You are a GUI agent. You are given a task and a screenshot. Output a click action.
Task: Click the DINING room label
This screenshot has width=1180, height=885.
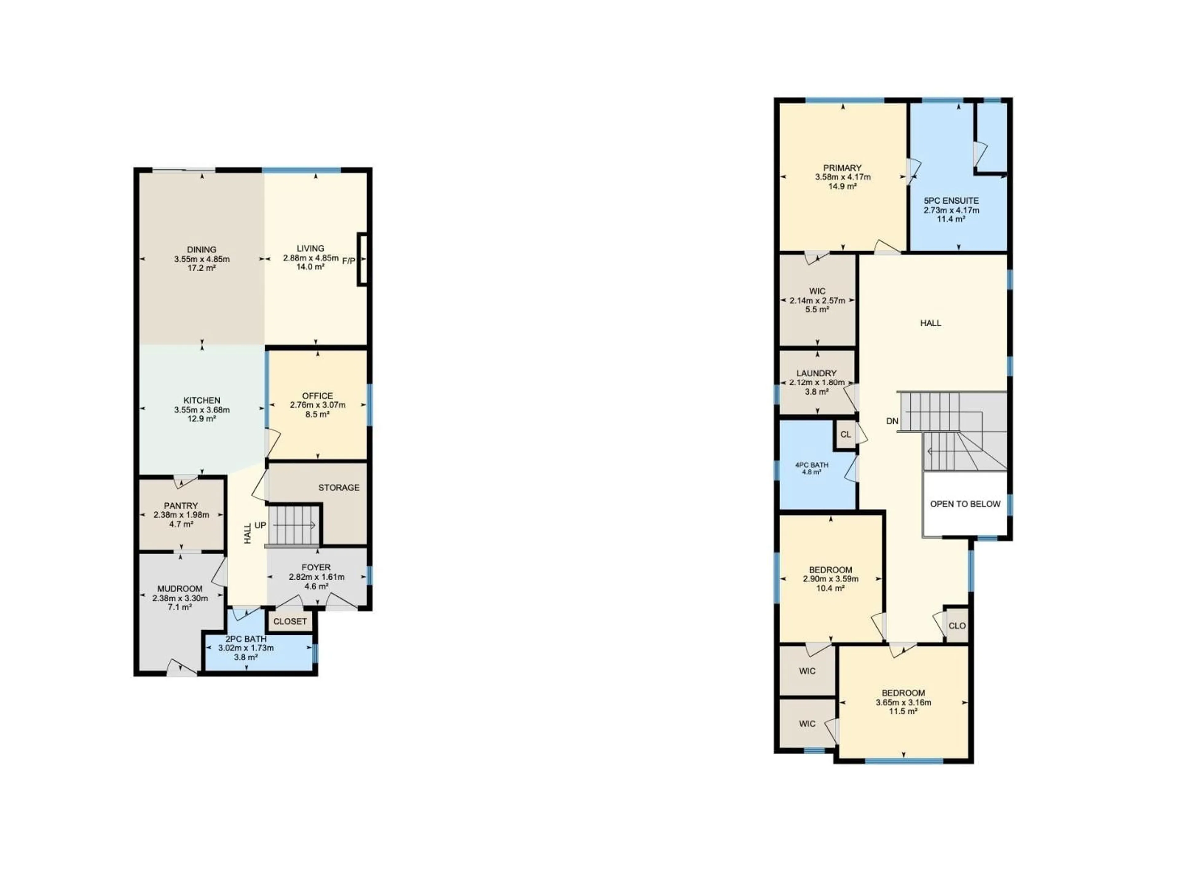click(x=202, y=250)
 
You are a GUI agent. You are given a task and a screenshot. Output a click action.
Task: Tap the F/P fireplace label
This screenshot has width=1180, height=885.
click(x=348, y=261)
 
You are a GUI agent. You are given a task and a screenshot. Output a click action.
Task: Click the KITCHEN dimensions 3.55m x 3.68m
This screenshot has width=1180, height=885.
click(x=202, y=410)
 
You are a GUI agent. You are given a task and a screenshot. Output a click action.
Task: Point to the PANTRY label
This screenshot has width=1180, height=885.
click(x=181, y=505)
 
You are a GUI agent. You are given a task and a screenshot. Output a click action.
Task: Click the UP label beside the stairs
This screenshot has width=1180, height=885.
click(x=260, y=525)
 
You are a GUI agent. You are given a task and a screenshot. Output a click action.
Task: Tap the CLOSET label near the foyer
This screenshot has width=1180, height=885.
click(x=290, y=621)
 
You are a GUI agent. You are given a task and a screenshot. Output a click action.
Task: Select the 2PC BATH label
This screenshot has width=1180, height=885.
click(x=246, y=639)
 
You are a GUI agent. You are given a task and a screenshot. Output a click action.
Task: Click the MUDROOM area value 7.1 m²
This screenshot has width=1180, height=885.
click(x=180, y=607)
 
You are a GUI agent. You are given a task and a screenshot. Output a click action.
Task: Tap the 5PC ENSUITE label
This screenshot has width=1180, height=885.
click(x=951, y=201)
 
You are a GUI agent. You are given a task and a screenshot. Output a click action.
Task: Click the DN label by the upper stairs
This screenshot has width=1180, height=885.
click(x=892, y=421)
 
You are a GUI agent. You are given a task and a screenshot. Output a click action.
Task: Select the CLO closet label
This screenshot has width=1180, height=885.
click(x=957, y=626)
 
